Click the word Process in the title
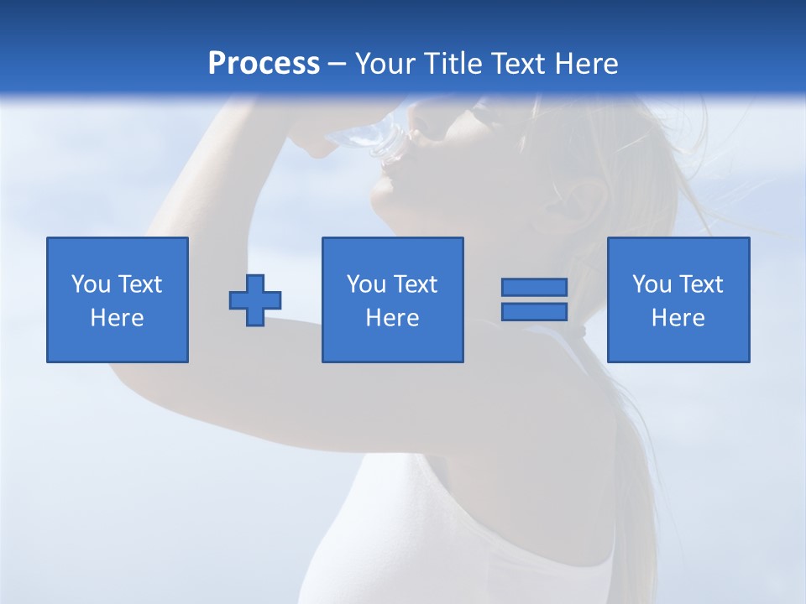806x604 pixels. tap(264, 64)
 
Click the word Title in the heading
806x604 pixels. tap(452, 64)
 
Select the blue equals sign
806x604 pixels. tap(534, 299)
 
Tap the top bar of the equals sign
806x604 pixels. tap(534, 288)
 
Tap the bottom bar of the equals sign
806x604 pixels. tap(534, 312)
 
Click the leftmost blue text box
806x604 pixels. tap(118, 299)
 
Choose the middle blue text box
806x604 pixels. tap(392, 299)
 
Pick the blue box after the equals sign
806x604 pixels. tap(678, 299)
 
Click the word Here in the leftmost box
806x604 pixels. tap(118, 318)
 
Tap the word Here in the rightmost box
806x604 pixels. tap(678, 318)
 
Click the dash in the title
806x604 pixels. tap(337, 65)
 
